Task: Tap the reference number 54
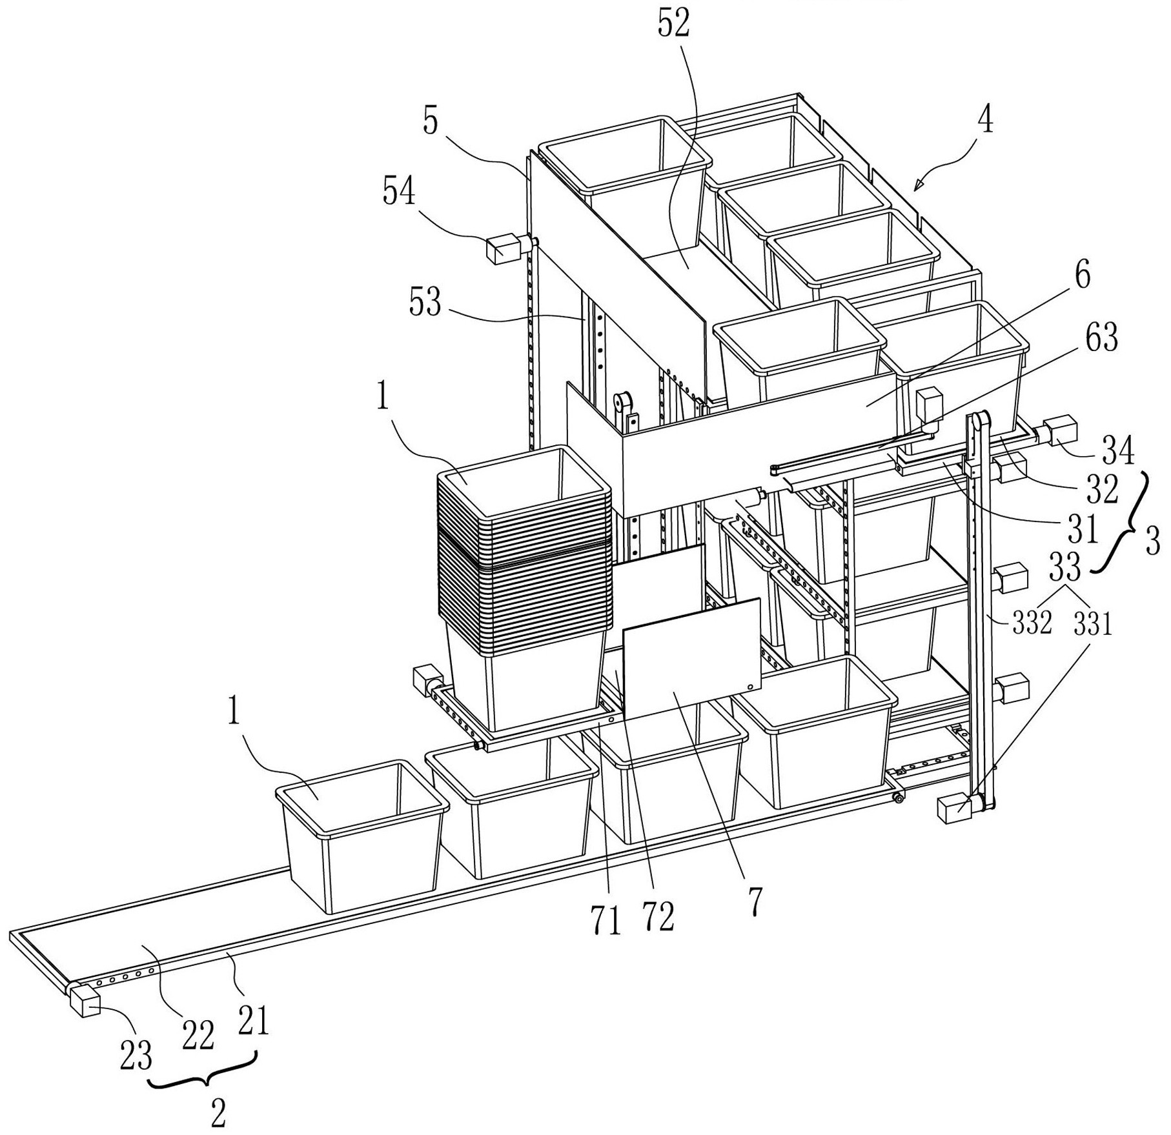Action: tap(399, 192)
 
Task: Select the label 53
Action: tap(425, 302)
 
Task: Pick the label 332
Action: tap(1032, 624)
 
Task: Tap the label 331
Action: tap(1093, 624)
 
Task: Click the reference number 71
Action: tap(605, 919)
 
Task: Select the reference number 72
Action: tap(657, 917)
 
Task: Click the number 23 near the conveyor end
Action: tap(135, 1057)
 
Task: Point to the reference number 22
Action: tap(197, 1037)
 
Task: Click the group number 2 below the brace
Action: tap(219, 1112)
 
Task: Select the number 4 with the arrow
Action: tap(985, 120)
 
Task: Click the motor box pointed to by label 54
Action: tap(504, 248)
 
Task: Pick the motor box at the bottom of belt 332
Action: tap(954, 808)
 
